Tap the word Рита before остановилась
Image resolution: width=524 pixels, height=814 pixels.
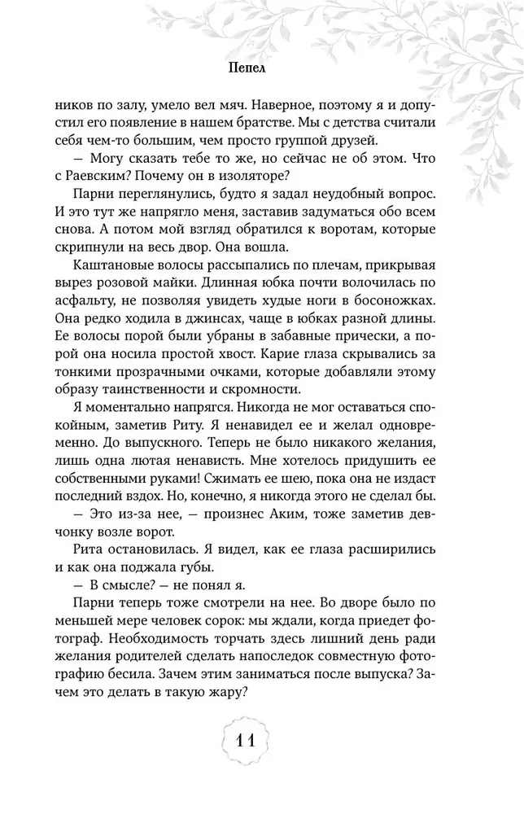[71, 555]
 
